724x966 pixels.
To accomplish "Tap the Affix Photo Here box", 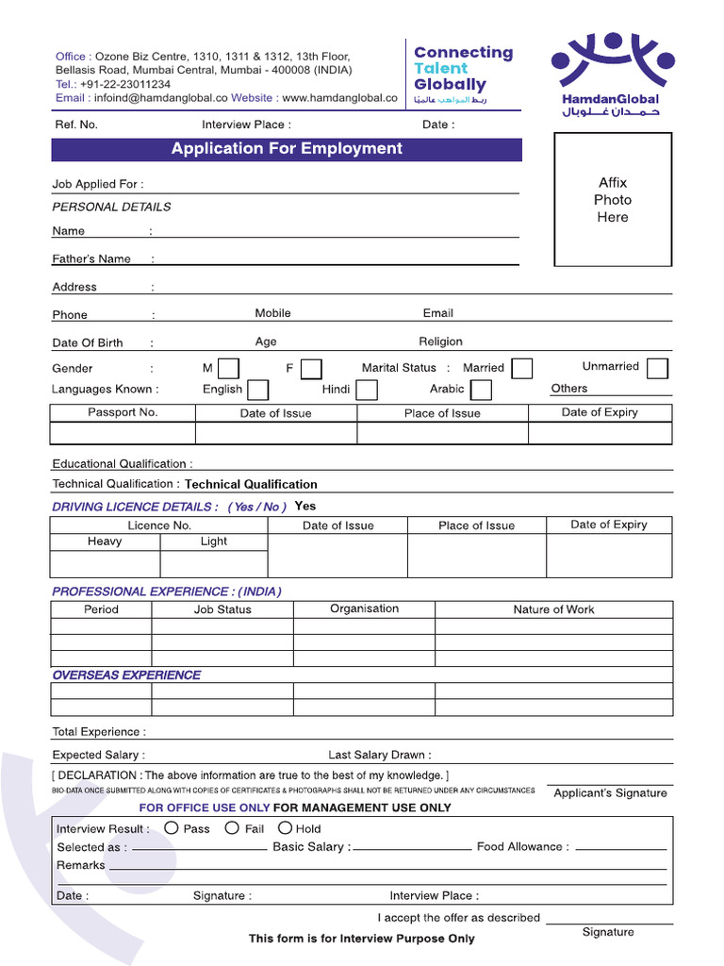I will pos(612,200).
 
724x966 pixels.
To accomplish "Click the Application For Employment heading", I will pos(287,149).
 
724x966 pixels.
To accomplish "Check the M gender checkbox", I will pos(228,368).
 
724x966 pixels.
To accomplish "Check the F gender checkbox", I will pos(311,368).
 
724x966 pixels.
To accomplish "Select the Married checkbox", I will pos(521,368).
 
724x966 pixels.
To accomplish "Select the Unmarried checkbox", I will pos(658,368).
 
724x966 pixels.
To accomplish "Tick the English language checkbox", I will pos(257,390).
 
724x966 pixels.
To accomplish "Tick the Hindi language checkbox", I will pos(367,390).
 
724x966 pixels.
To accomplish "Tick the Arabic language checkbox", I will pos(481,390).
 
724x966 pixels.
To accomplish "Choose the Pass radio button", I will pos(172,828).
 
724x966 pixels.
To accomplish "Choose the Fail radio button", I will pos(232,828).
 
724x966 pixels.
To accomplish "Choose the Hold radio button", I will pos(285,828).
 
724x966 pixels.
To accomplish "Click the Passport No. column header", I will pos(123,412).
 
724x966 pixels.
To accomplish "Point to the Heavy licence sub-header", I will pos(105,541).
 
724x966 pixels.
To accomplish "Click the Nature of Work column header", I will pos(553,609).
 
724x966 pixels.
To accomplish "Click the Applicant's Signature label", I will pos(610,793).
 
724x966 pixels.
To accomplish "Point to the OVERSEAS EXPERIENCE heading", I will pos(126,675).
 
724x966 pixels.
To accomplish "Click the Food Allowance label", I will pos(522,847).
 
